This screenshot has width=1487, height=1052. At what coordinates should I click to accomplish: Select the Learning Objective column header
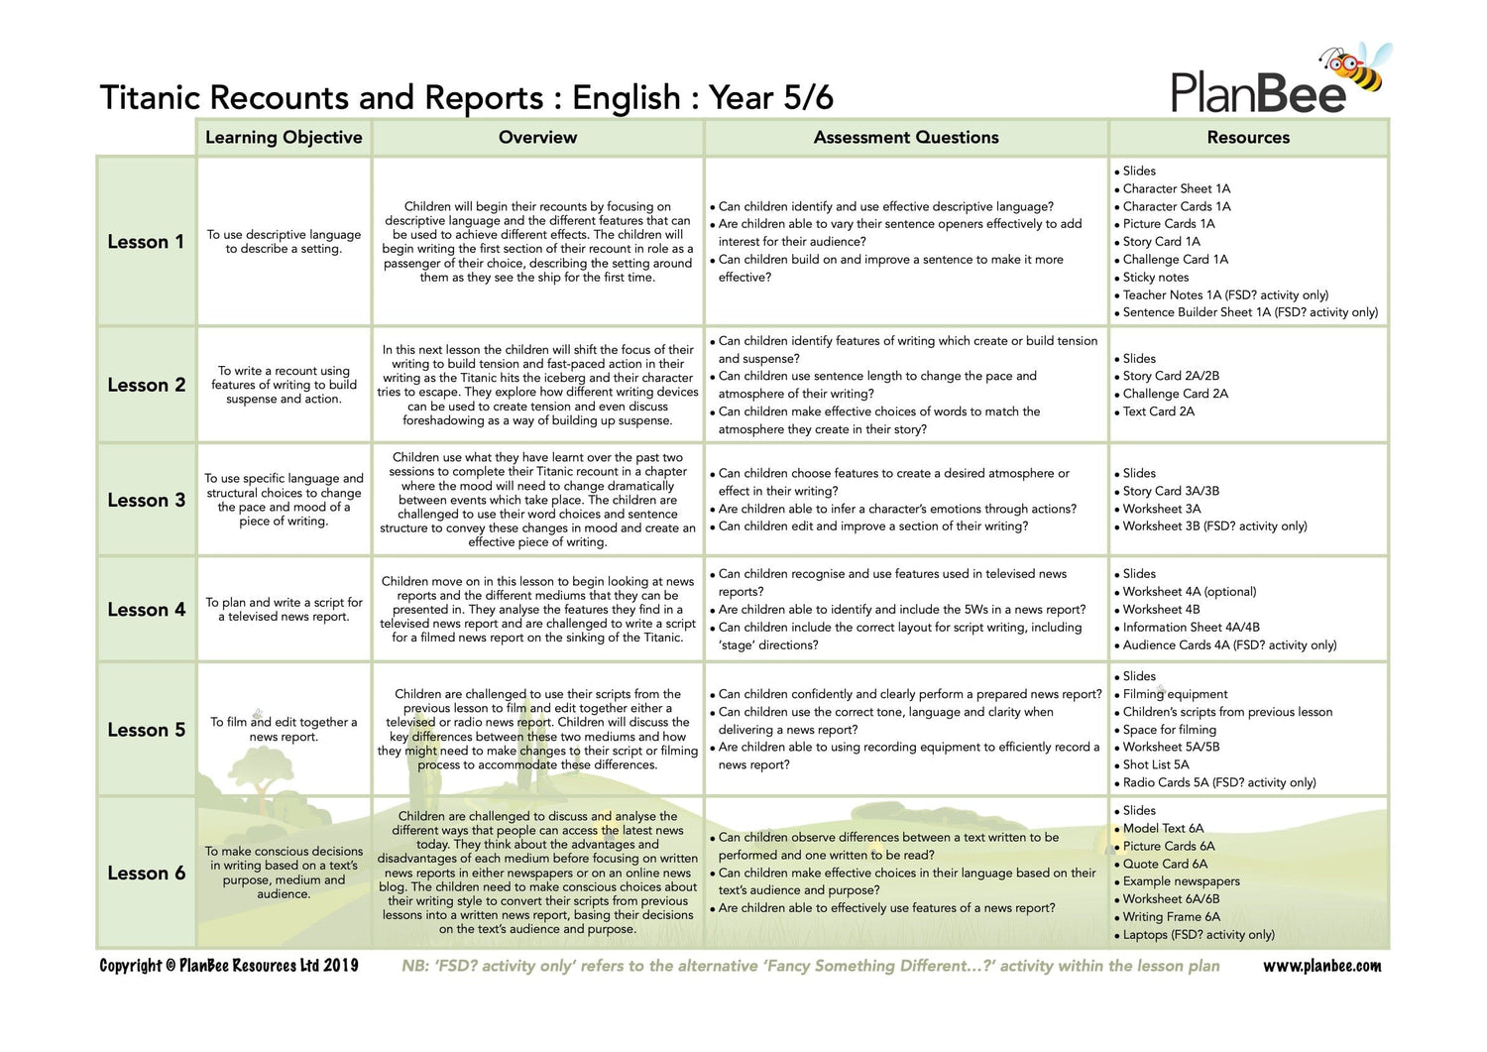point(284,138)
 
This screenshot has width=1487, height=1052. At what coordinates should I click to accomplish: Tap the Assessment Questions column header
point(905,138)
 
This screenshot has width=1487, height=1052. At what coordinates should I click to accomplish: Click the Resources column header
point(1248,138)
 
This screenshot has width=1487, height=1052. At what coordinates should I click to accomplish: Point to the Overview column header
point(537,138)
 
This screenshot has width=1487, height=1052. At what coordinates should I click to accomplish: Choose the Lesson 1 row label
point(146,242)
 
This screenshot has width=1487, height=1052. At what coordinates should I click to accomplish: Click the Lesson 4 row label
point(146,610)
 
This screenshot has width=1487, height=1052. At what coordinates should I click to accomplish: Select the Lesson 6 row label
point(146,874)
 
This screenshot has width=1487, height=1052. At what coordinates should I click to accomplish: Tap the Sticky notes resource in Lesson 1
point(1155,278)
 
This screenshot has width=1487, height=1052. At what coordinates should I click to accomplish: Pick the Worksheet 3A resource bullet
point(1161,509)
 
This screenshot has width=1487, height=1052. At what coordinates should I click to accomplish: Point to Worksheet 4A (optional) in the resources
point(1189,592)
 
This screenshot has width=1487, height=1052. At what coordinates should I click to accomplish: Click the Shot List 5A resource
point(1155,764)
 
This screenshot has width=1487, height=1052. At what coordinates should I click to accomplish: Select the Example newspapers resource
point(1181,881)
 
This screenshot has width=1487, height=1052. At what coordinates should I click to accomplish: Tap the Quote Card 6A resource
point(1165,864)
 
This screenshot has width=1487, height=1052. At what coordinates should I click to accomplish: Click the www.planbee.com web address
point(1321,966)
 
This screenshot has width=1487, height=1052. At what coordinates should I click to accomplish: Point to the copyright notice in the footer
point(229,966)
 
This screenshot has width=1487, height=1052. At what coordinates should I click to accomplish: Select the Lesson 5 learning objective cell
point(284,730)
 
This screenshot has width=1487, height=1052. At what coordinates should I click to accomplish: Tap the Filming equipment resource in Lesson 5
point(1175,694)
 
